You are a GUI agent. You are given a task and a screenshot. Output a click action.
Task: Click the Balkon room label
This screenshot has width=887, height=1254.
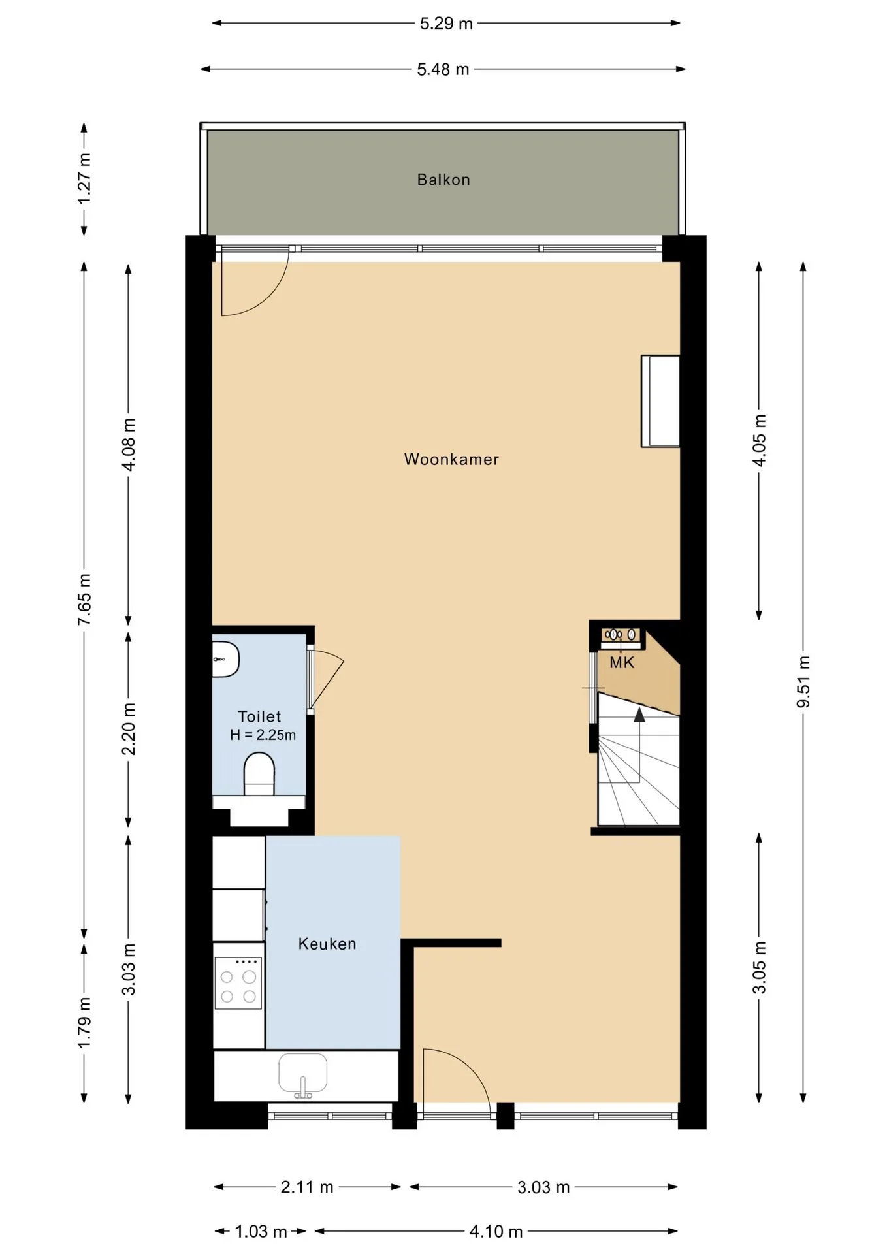(x=443, y=180)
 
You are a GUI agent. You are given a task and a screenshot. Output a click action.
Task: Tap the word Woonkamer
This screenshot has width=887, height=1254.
(x=451, y=459)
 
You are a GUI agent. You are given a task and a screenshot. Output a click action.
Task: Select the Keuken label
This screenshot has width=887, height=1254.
(x=327, y=944)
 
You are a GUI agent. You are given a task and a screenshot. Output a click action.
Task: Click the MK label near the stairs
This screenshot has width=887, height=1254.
(x=622, y=663)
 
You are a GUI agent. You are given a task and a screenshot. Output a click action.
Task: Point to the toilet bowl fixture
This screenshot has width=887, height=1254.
(x=259, y=774)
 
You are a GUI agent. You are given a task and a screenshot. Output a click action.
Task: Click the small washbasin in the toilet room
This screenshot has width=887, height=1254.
(x=225, y=659)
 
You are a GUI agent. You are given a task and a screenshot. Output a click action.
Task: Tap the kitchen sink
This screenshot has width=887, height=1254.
(x=303, y=1075)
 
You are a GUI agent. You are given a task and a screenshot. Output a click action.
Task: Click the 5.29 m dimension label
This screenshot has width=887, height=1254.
(x=446, y=24)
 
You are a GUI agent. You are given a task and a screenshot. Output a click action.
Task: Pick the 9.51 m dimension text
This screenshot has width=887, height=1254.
(x=803, y=682)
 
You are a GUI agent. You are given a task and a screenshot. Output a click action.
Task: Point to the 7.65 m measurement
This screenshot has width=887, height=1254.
(x=84, y=600)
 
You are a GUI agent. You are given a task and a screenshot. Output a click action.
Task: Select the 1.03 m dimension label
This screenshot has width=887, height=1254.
(x=261, y=1232)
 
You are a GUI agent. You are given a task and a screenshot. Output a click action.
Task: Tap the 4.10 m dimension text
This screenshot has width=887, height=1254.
(x=496, y=1232)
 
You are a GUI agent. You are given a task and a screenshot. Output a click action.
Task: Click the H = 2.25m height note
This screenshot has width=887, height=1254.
(x=263, y=735)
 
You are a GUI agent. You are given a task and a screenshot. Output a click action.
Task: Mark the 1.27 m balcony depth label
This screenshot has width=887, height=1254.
(x=84, y=178)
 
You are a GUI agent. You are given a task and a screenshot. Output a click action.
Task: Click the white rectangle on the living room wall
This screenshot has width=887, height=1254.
(x=660, y=401)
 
